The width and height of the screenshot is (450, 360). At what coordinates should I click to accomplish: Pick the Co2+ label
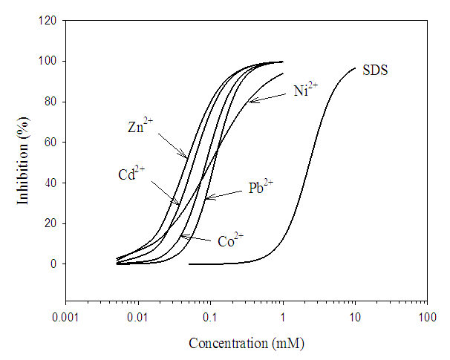(x=231, y=240)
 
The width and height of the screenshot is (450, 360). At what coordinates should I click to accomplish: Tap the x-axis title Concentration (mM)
(x=247, y=344)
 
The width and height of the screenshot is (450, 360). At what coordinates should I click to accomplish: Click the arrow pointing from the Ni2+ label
(x=267, y=97)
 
